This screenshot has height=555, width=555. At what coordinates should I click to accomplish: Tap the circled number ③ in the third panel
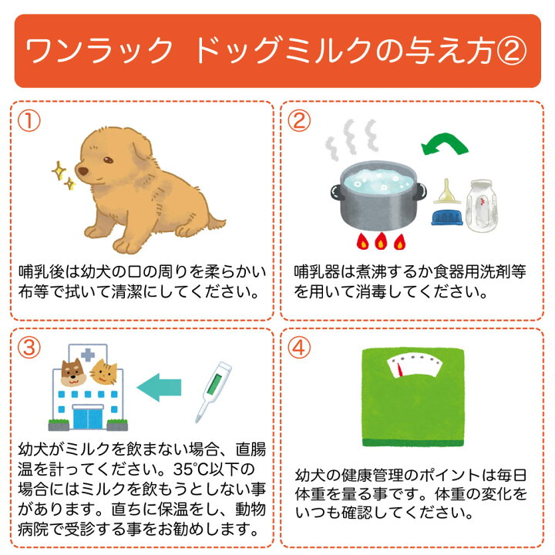coord(28,348)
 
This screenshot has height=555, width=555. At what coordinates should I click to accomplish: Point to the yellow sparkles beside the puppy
coord(62,175)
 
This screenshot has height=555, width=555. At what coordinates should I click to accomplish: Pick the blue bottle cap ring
coord(446,217)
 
